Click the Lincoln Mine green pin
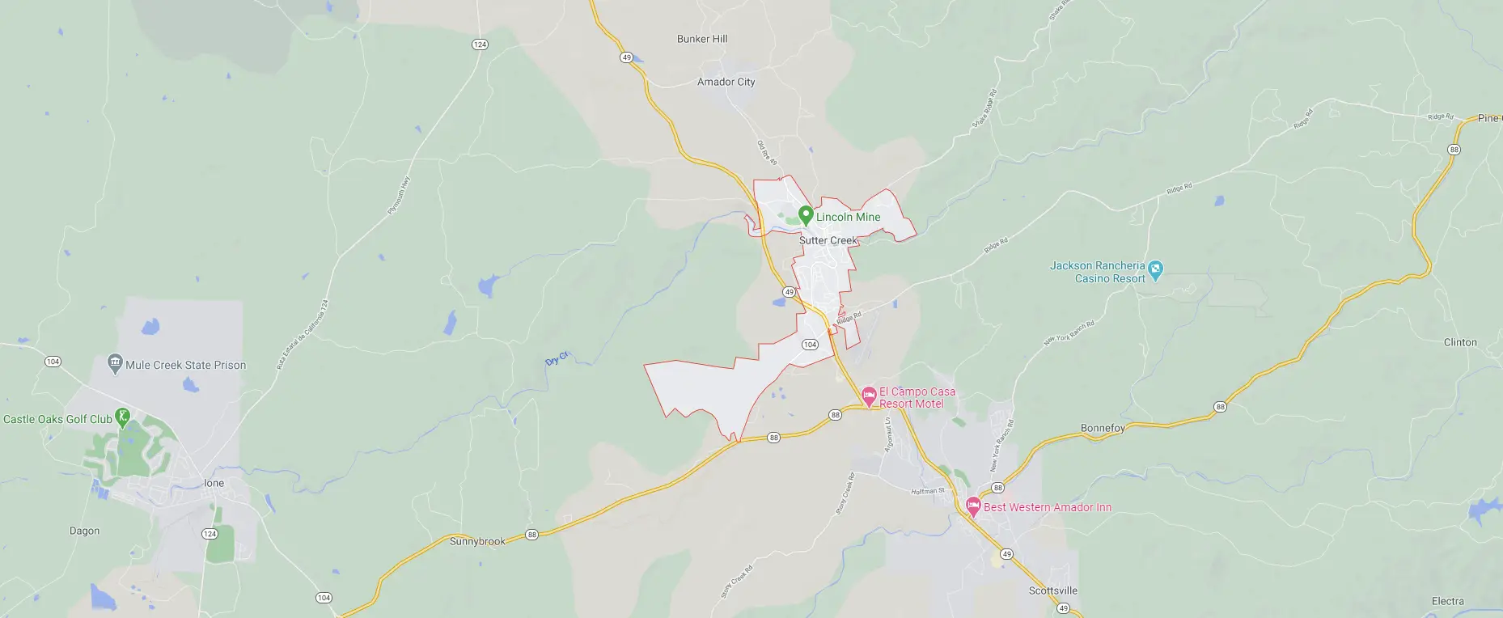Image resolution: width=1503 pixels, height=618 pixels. coord(805,215)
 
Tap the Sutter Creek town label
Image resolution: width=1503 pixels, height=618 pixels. coord(828,240)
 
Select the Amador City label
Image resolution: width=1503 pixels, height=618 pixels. coord(726,82)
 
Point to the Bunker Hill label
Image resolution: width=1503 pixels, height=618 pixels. coord(701,39)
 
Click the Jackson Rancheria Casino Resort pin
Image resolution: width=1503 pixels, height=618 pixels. coord(1155,269)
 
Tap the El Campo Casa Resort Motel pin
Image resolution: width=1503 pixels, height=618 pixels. coord(869,396)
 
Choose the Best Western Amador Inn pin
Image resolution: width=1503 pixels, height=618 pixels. coord(973,507)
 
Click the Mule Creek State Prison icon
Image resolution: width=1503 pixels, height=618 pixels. coord(115,363)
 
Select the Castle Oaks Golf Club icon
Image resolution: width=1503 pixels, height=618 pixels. coord(123,417)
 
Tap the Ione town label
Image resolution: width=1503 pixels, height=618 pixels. coord(214,483)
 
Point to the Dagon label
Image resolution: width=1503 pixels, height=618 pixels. coord(84,531)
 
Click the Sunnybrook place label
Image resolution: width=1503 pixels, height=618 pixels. coord(477,541)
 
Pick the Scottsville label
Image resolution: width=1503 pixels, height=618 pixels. coord(1052,590)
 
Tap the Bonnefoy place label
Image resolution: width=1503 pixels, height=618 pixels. coord(1103,428)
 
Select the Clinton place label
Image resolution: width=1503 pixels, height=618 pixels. coord(1460,342)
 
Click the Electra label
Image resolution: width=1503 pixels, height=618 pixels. coord(1447,601)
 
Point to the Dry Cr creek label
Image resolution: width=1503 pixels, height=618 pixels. coord(557,358)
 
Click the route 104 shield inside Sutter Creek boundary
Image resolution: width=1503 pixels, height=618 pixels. coord(810,345)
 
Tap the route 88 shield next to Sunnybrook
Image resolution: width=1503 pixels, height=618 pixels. coord(531,535)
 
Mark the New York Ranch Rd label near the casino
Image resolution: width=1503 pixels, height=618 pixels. coord(1069,332)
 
